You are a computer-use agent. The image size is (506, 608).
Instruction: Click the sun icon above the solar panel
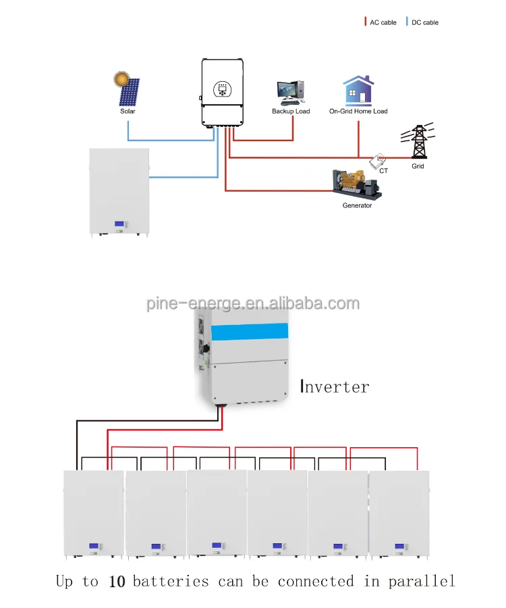(x=122, y=78)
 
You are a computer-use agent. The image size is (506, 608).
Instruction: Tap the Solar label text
(x=128, y=111)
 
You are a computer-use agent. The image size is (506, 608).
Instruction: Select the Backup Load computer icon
(x=291, y=92)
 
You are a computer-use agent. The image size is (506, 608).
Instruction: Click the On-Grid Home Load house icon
(x=358, y=91)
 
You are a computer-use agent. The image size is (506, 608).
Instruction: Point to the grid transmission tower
(x=418, y=142)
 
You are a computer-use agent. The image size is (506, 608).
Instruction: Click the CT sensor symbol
(x=378, y=160)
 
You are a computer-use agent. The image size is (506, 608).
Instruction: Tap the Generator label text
(x=357, y=205)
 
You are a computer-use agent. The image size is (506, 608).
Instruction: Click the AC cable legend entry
(x=383, y=22)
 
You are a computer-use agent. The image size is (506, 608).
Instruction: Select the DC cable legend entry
(x=424, y=22)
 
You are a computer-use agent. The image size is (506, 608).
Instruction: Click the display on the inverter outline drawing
(x=221, y=88)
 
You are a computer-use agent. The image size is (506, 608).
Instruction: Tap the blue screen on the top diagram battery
(x=121, y=225)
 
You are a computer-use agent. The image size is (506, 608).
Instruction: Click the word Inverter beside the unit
(x=335, y=387)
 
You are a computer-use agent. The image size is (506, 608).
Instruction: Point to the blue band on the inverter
(x=250, y=332)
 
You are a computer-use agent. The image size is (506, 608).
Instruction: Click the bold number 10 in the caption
(x=117, y=582)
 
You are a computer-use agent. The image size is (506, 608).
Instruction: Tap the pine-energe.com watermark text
(x=253, y=303)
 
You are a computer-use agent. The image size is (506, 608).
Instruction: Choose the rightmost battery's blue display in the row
(x=399, y=545)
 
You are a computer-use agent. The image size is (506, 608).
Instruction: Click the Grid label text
(x=418, y=166)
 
